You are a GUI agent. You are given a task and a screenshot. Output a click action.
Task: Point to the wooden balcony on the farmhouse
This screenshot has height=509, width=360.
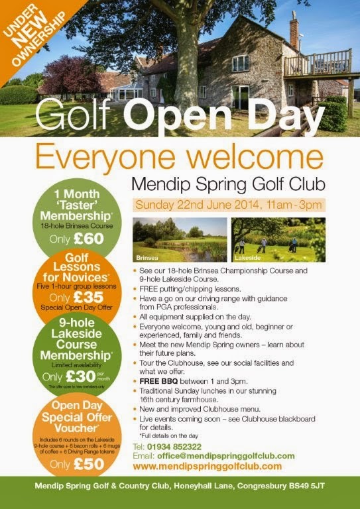click(x=317, y=64)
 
